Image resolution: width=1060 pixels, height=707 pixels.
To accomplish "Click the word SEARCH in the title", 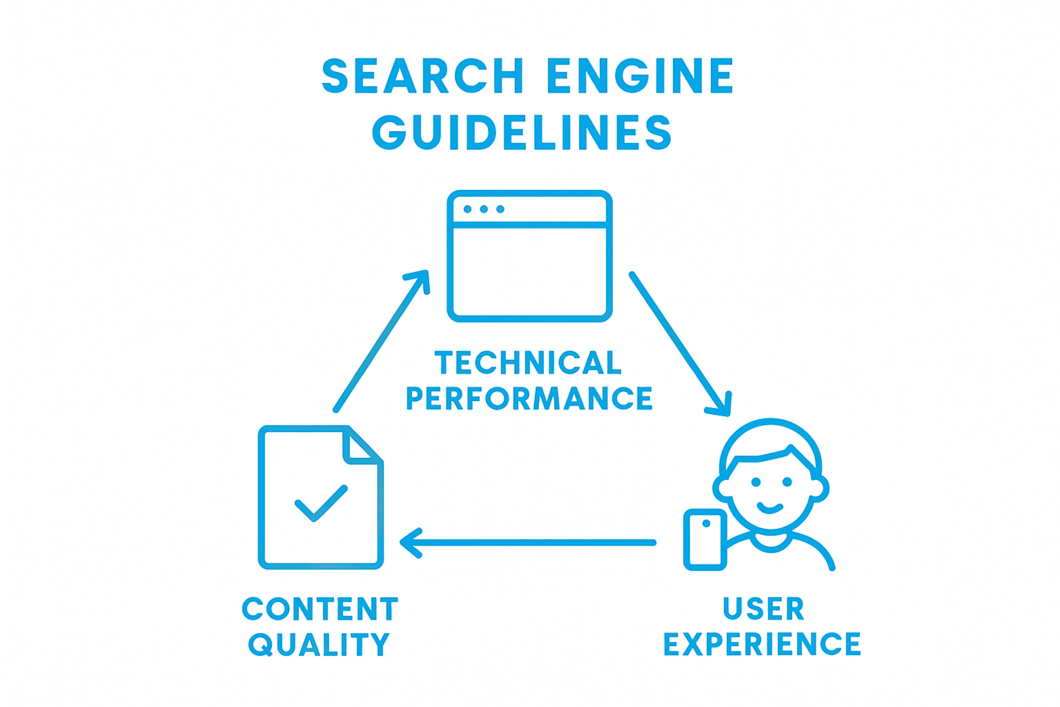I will coord(422,76).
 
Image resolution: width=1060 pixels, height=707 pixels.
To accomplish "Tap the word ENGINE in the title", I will coord(640,76).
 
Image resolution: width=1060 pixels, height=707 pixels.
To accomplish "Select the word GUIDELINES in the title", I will coord(522,132).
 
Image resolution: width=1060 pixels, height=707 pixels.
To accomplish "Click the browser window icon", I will coord(529,256).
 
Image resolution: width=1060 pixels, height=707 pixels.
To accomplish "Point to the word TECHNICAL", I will coord(528,363).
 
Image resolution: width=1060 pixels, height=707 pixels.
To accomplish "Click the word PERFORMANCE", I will coord(529,398).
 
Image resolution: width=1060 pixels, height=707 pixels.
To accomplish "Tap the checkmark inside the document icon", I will coord(320,503).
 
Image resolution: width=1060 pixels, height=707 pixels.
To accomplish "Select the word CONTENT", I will coord(320,609).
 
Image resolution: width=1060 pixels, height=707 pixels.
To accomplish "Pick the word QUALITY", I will coord(319,645).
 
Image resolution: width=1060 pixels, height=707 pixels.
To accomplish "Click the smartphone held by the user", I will coord(705,540).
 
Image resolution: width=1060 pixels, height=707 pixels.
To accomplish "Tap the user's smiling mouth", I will coord(770,509).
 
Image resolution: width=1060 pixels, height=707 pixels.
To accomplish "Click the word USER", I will coord(763,609).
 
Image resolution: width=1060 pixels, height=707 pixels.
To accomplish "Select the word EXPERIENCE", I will coord(762,644).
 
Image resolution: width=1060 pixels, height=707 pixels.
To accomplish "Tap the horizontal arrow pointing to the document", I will coord(528,543).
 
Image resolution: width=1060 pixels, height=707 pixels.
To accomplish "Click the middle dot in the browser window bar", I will coord(484,209).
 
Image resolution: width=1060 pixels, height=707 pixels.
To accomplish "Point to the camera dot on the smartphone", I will coord(705,523).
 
